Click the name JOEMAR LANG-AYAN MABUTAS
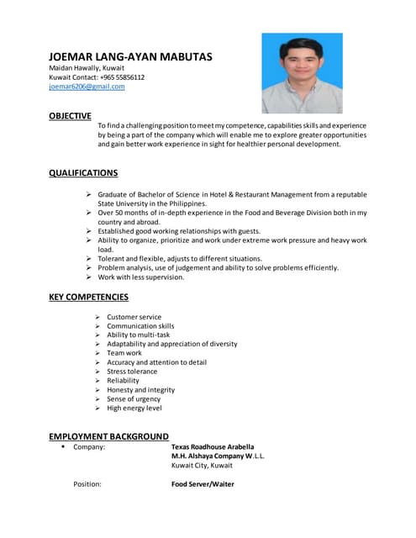click(x=130, y=57)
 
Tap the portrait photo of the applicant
click(x=302, y=73)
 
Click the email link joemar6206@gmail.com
click(x=87, y=87)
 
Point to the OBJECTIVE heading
click(x=70, y=116)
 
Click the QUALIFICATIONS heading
click(x=83, y=173)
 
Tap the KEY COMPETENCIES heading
click(x=88, y=297)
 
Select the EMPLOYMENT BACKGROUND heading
click(x=108, y=436)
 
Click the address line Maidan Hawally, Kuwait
click(x=87, y=67)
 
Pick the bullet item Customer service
click(x=134, y=317)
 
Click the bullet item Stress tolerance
click(x=131, y=372)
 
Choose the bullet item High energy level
click(x=134, y=409)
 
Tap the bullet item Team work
click(x=124, y=353)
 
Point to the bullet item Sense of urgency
click(x=134, y=399)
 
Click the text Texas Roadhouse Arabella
click(x=212, y=446)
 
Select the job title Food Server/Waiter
click(x=203, y=484)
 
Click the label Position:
click(x=87, y=484)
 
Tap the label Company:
click(x=89, y=446)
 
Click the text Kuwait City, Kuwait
click(x=202, y=465)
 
